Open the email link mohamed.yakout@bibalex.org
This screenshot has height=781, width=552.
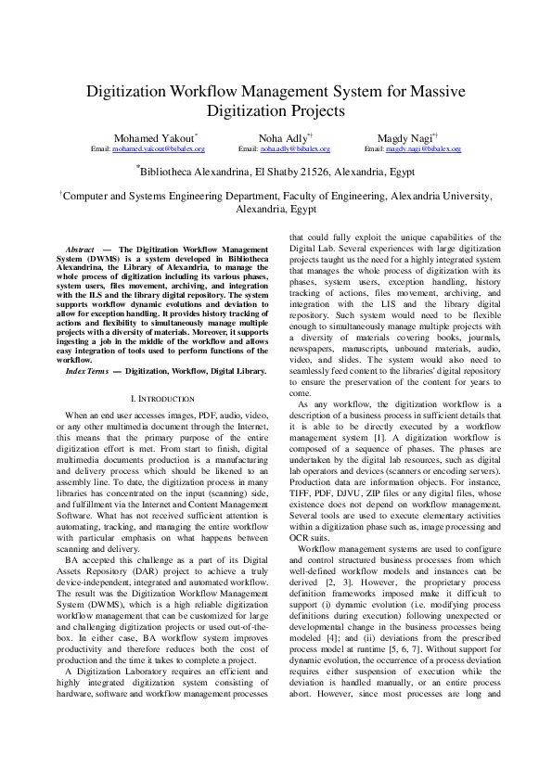pyautogui.click(x=159, y=148)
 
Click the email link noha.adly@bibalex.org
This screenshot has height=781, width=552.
pyautogui.click(x=295, y=148)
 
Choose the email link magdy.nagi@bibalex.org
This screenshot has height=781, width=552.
pyautogui.click(x=423, y=148)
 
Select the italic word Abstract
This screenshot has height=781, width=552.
pyautogui.click(x=81, y=250)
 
